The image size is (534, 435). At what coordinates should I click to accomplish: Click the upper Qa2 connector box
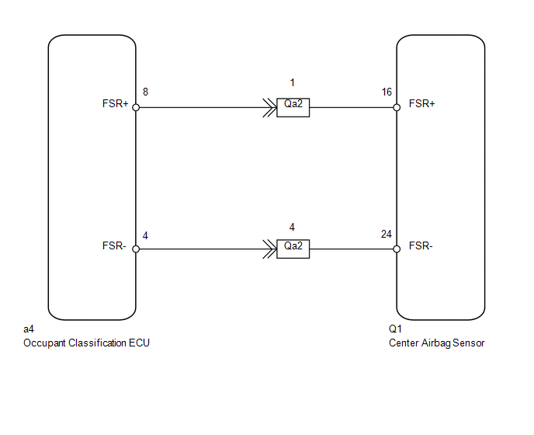[x=293, y=108]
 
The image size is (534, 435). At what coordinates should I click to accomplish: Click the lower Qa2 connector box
[x=293, y=249]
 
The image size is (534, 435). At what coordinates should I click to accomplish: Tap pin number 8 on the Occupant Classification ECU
[x=146, y=92]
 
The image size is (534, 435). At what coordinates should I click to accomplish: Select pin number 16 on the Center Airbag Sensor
[x=387, y=92]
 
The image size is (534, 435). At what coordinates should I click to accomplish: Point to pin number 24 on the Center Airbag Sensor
[x=387, y=234]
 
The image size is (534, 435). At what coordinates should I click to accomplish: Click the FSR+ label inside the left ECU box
[x=115, y=103]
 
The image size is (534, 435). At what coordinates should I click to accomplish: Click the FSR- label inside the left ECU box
[x=115, y=245]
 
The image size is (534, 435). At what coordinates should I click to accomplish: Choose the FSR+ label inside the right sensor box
[x=421, y=103]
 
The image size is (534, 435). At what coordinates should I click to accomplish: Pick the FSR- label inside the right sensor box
[x=421, y=245]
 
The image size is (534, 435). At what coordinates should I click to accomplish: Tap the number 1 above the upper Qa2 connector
[x=292, y=82]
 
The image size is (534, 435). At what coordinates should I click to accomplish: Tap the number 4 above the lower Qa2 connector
[x=292, y=227]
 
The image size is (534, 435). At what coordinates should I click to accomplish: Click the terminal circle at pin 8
[x=136, y=108]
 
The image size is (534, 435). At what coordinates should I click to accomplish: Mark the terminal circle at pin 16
[x=397, y=108]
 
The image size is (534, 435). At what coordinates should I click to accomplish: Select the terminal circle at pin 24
[x=397, y=249]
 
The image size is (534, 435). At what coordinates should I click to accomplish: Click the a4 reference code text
[x=29, y=330]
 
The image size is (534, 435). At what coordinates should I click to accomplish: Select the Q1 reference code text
[x=395, y=330]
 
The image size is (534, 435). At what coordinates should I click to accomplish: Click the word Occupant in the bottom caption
[x=46, y=343]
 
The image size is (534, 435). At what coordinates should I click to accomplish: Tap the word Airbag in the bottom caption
[x=439, y=343]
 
